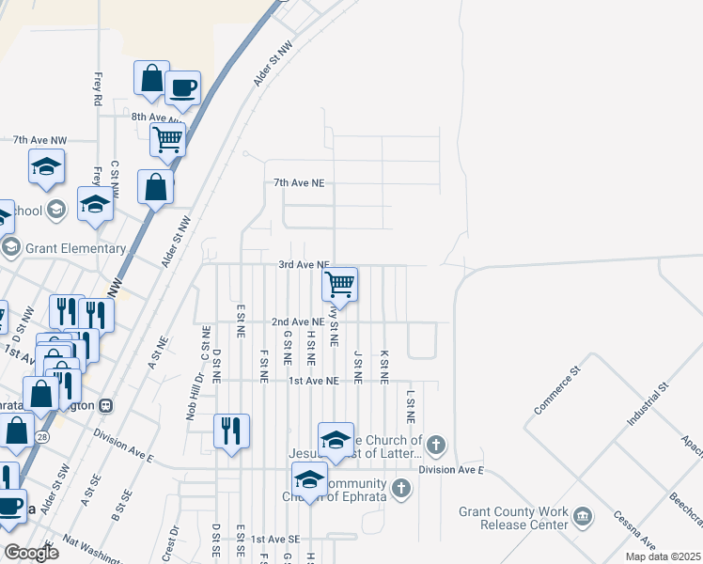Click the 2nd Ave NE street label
pos(298,321)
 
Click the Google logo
pos(30,553)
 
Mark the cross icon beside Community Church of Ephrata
pos(401,488)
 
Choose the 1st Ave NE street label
pos(313,381)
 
